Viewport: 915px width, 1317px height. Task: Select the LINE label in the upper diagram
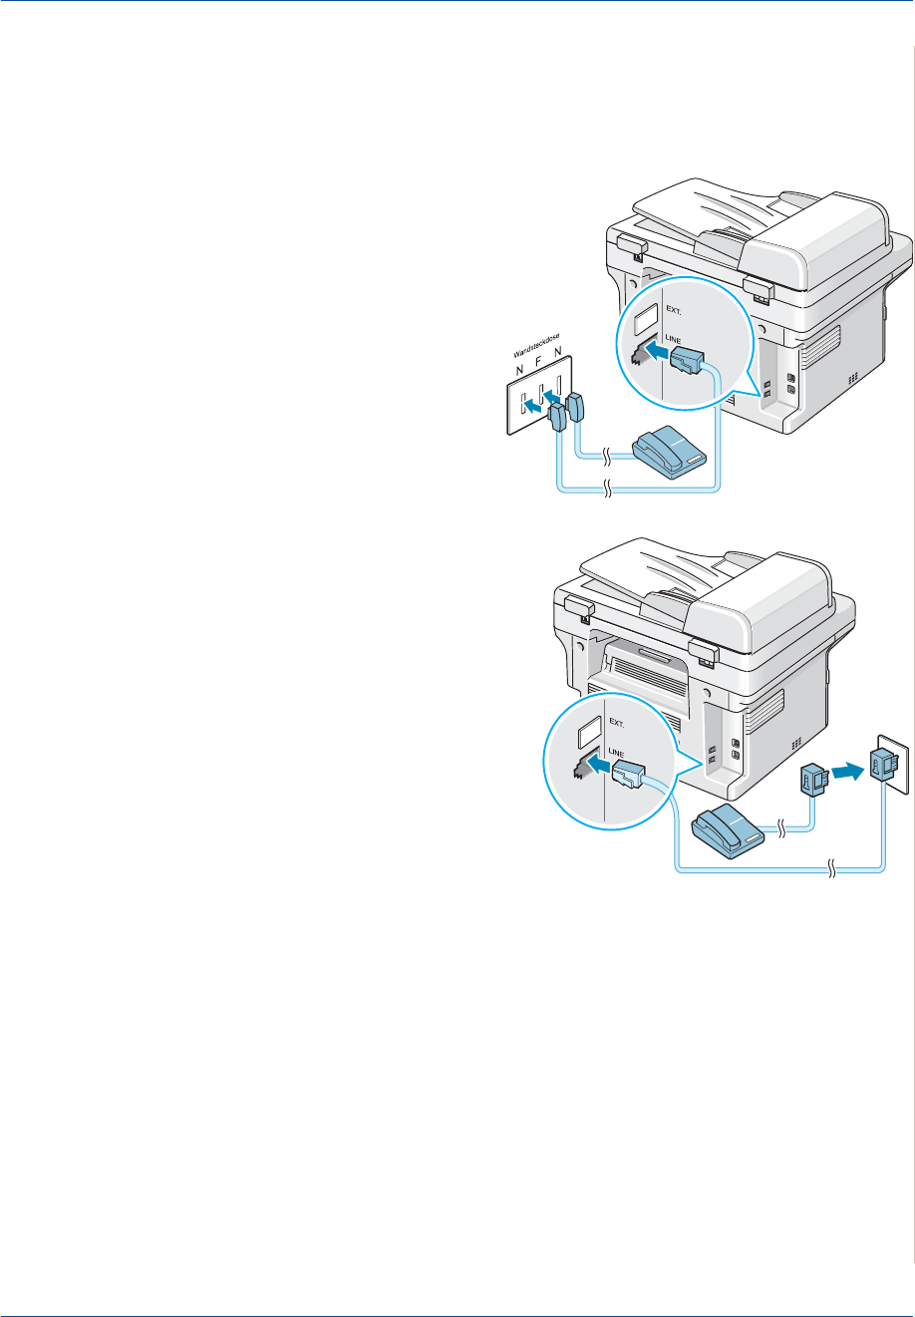(x=674, y=340)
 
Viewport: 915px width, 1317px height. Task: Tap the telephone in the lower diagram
(x=729, y=805)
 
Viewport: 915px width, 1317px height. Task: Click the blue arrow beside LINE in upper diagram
(x=653, y=353)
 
